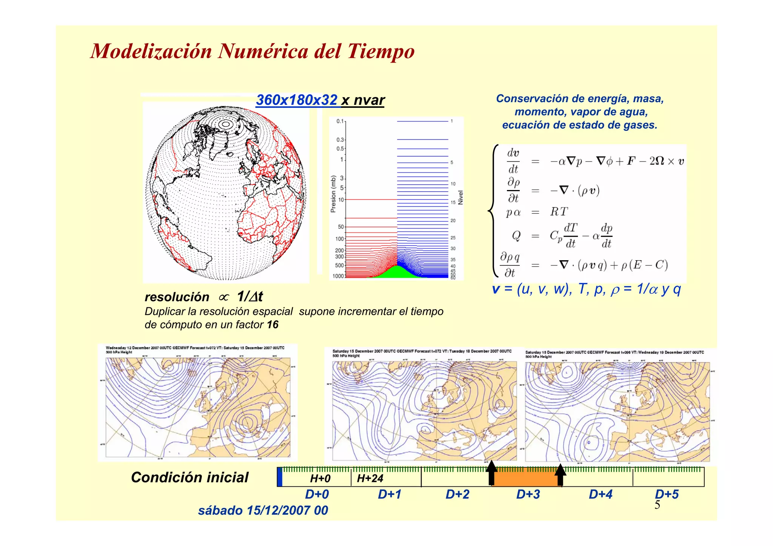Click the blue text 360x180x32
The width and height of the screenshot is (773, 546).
point(297,100)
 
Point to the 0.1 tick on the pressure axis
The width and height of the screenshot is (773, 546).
point(340,121)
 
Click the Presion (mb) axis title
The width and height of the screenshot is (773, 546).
point(333,194)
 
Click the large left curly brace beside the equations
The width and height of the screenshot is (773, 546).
point(493,211)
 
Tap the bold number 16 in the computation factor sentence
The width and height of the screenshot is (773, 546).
point(273,325)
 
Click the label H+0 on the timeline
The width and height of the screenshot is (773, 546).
point(320,479)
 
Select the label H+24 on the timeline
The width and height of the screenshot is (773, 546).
point(370,479)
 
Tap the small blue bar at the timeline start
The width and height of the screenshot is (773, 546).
point(280,477)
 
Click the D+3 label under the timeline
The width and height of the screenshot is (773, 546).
point(528,494)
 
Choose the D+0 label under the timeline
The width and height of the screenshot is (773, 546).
point(317,494)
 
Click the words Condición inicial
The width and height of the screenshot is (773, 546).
point(189,477)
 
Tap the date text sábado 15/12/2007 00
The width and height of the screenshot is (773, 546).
point(263,511)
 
